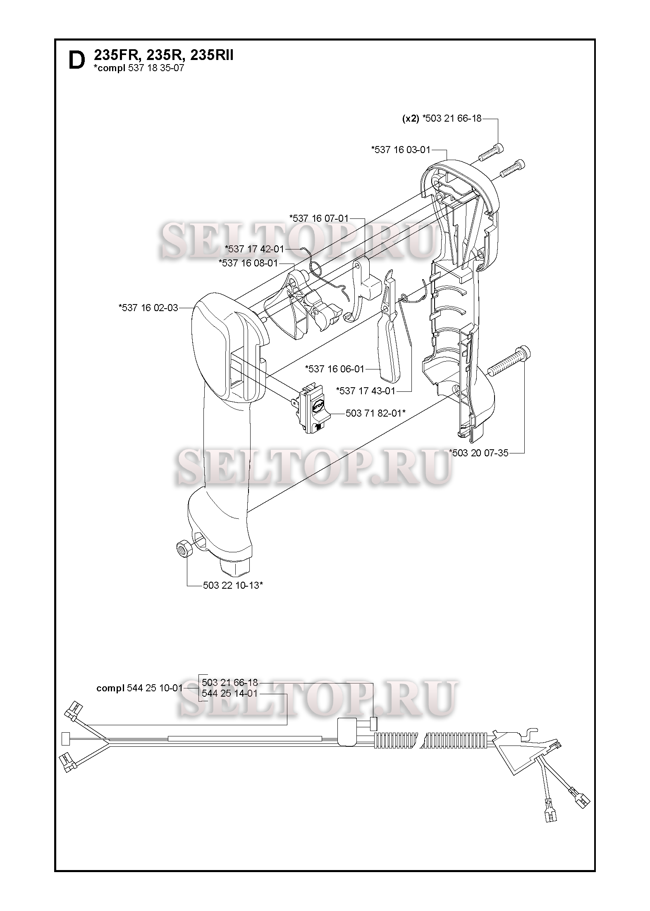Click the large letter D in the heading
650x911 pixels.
pyautogui.click(x=76, y=60)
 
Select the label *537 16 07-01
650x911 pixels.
pyautogui.click(x=319, y=218)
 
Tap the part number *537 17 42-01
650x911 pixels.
pyautogui.click(x=254, y=249)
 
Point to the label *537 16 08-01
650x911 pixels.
pyautogui.click(x=248, y=263)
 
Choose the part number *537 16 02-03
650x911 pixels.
pyautogui.click(x=148, y=307)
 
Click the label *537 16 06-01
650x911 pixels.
pyautogui.click(x=335, y=369)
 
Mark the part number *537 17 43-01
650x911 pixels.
pyautogui.click(x=366, y=391)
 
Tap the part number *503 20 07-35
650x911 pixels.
pyautogui.click(x=478, y=453)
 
